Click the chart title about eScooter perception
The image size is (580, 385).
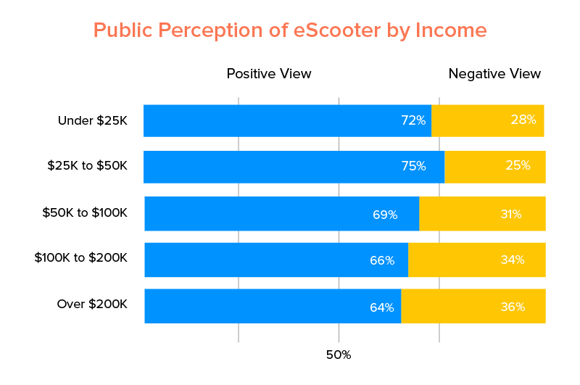tap(290, 30)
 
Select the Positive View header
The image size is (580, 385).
tap(269, 74)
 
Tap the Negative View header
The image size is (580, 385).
tap(494, 74)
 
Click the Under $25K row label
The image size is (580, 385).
tap(92, 120)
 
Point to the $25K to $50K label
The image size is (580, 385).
tap(87, 166)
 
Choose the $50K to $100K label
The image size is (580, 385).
tap(85, 213)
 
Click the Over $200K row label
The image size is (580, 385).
tap(91, 304)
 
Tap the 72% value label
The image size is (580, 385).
tap(413, 120)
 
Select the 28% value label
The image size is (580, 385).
tap(523, 120)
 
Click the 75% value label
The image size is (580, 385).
tap(413, 166)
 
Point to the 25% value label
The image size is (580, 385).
tap(518, 165)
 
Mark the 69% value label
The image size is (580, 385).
tap(385, 215)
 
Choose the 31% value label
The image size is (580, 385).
tap(510, 214)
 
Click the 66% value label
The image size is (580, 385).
tap(382, 260)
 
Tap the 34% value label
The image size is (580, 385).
tap(512, 260)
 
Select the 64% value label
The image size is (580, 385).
tap(381, 307)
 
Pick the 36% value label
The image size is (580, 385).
tap(512, 307)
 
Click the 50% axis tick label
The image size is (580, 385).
tap(339, 355)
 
